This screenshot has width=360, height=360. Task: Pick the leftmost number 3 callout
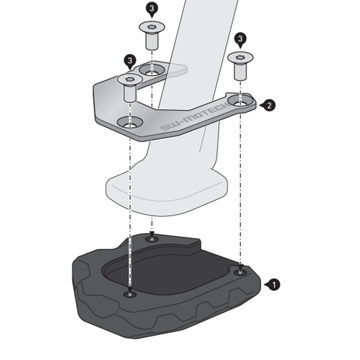pyautogui.click(x=130, y=61)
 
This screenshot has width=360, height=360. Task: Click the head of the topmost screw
pyautogui.click(x=152, y=27)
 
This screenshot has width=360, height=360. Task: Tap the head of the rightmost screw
pyautogui.click(x=240, y=58)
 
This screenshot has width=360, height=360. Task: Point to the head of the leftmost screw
pyautogui.click(x=130, y=80)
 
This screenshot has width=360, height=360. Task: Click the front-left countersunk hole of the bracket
pyautogui.click(x=130, y=122)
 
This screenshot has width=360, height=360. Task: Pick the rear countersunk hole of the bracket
pyautogui.click(x=152, y=70)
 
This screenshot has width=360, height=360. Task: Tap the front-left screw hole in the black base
pyautogui.click(x=130, y=294)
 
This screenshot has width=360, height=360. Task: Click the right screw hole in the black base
pyautogui.click(x=240, y=273)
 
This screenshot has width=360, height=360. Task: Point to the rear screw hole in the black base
pyautogui.click(x=152, y=239)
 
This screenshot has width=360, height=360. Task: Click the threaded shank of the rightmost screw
pyautogui.click(x=240, y=72)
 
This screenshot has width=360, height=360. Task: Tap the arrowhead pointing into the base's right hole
pyautogui.click(x=240, y=268)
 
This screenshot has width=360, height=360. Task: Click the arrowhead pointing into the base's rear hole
pyautogui.click(x=152, y=235)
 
